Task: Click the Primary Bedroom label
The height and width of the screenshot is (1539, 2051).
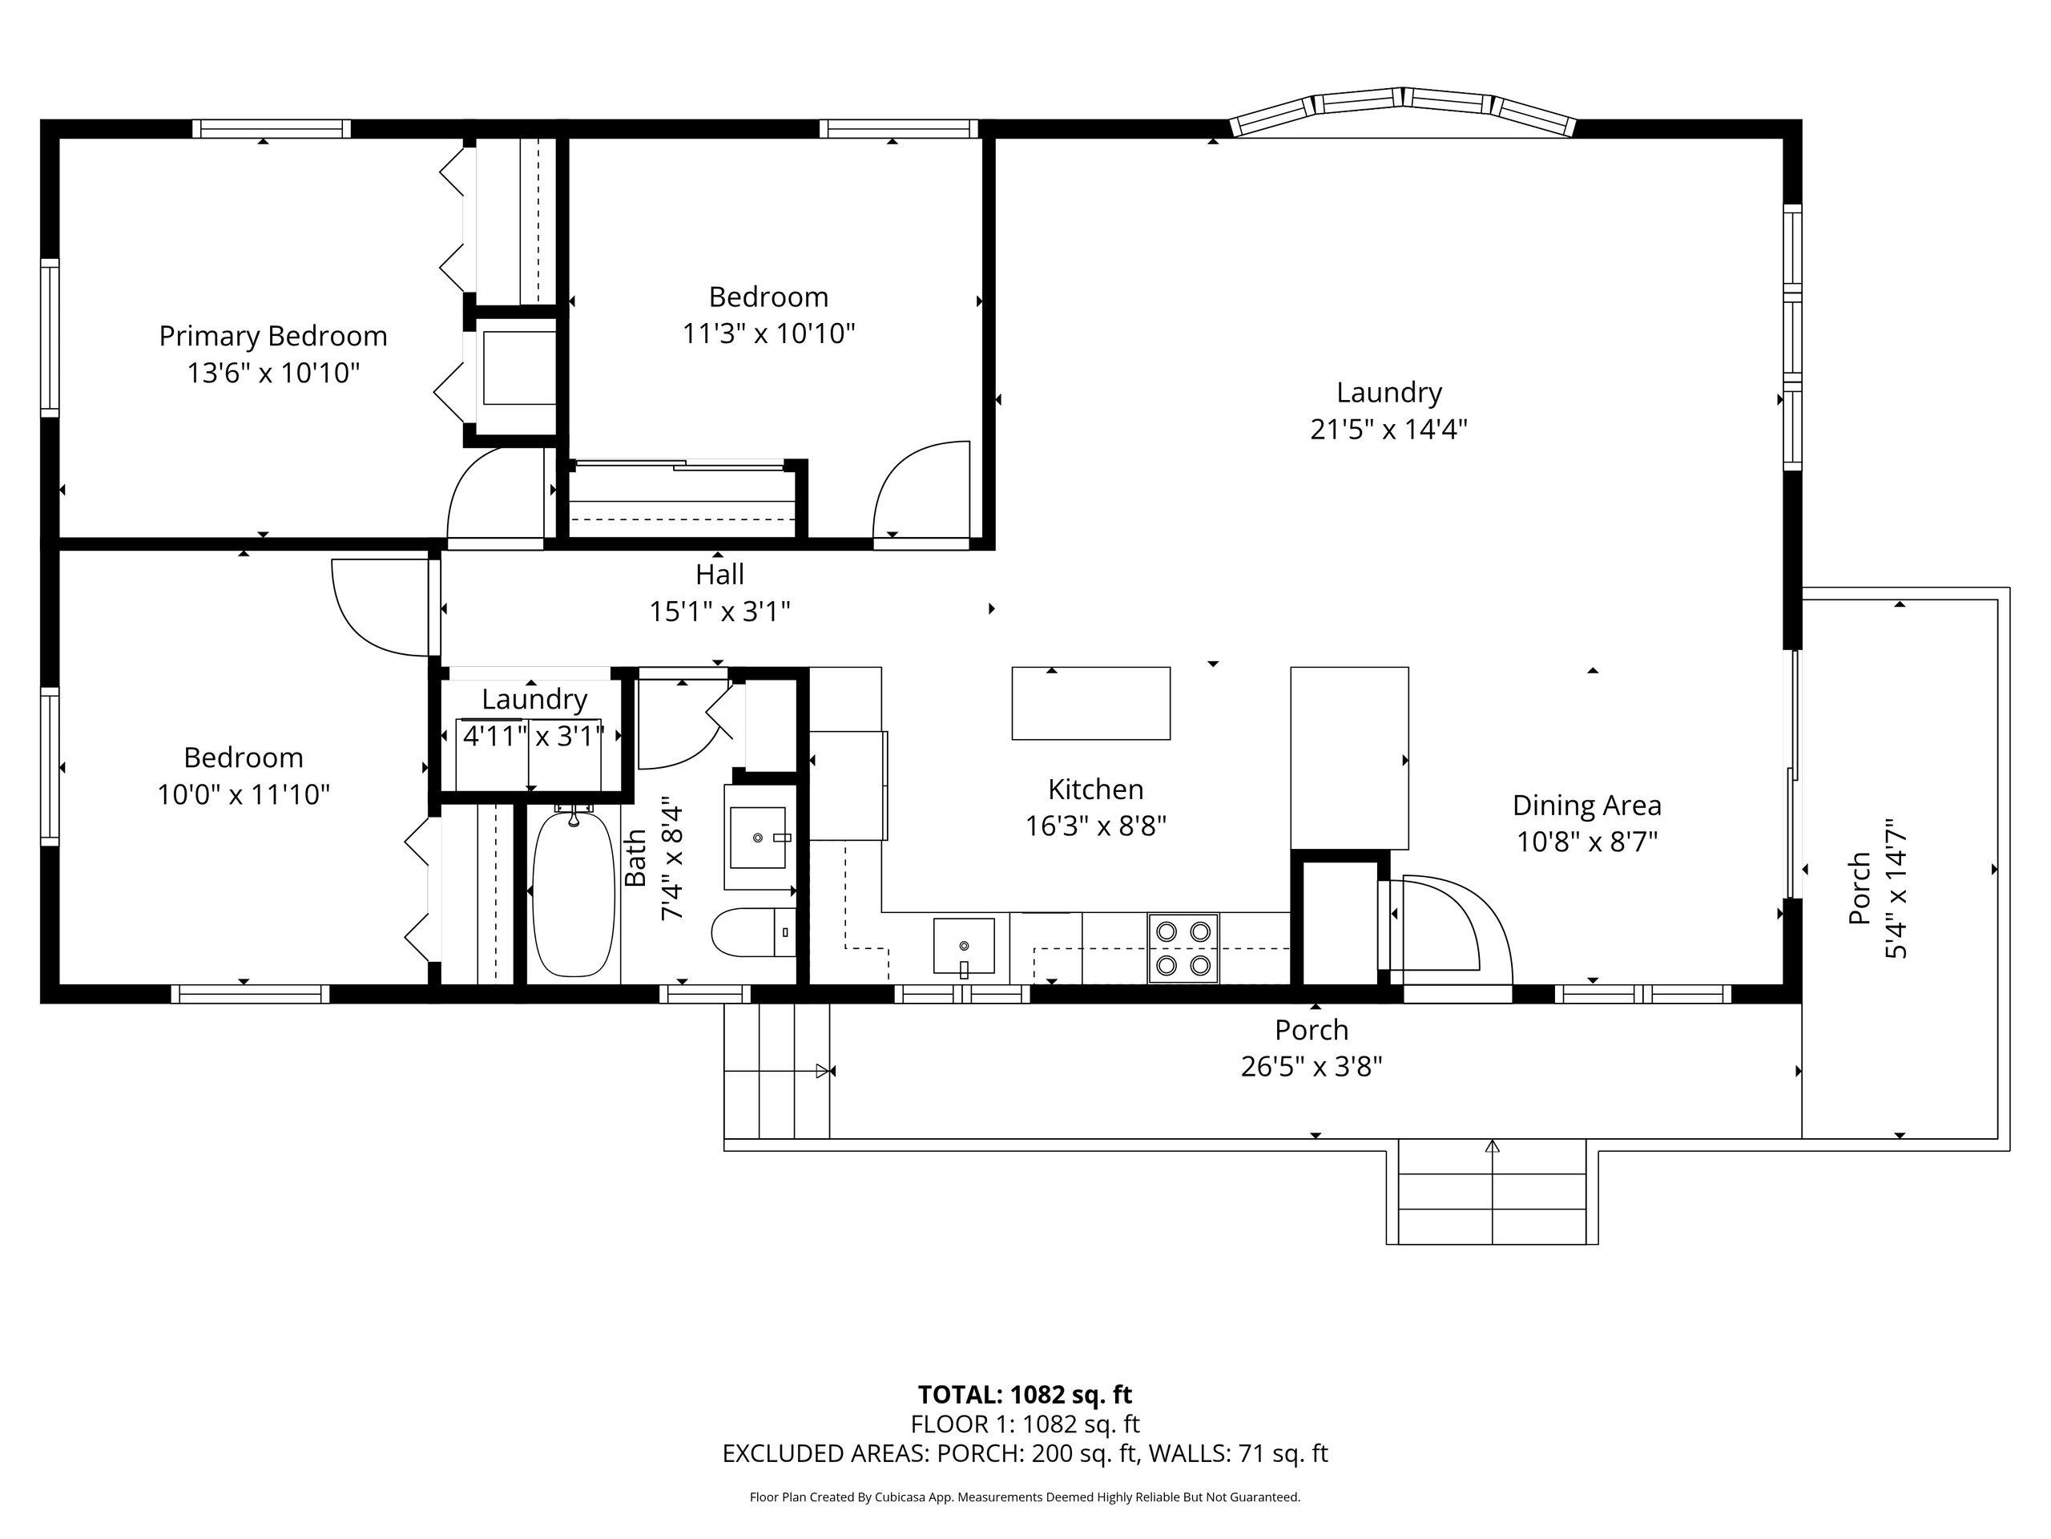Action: click(272, 336)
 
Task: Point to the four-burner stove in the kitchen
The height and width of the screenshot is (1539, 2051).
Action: click(1183, 948)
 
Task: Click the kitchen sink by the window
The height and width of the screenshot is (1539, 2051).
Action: click(963, 946)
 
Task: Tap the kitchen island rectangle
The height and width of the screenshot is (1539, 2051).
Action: click(1090, 703)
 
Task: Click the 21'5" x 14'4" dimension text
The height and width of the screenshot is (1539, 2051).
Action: click(1388, 430)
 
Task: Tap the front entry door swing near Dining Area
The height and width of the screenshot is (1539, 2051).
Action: click(1451, 927)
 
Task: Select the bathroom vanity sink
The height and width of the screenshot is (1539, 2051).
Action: click(759, 838)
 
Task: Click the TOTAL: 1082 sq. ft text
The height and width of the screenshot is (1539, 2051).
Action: click(1025, 1394)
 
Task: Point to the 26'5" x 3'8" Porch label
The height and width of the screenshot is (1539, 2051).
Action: click(1311, 1048)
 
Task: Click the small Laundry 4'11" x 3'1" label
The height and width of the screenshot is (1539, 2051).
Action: click(534, 717)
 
